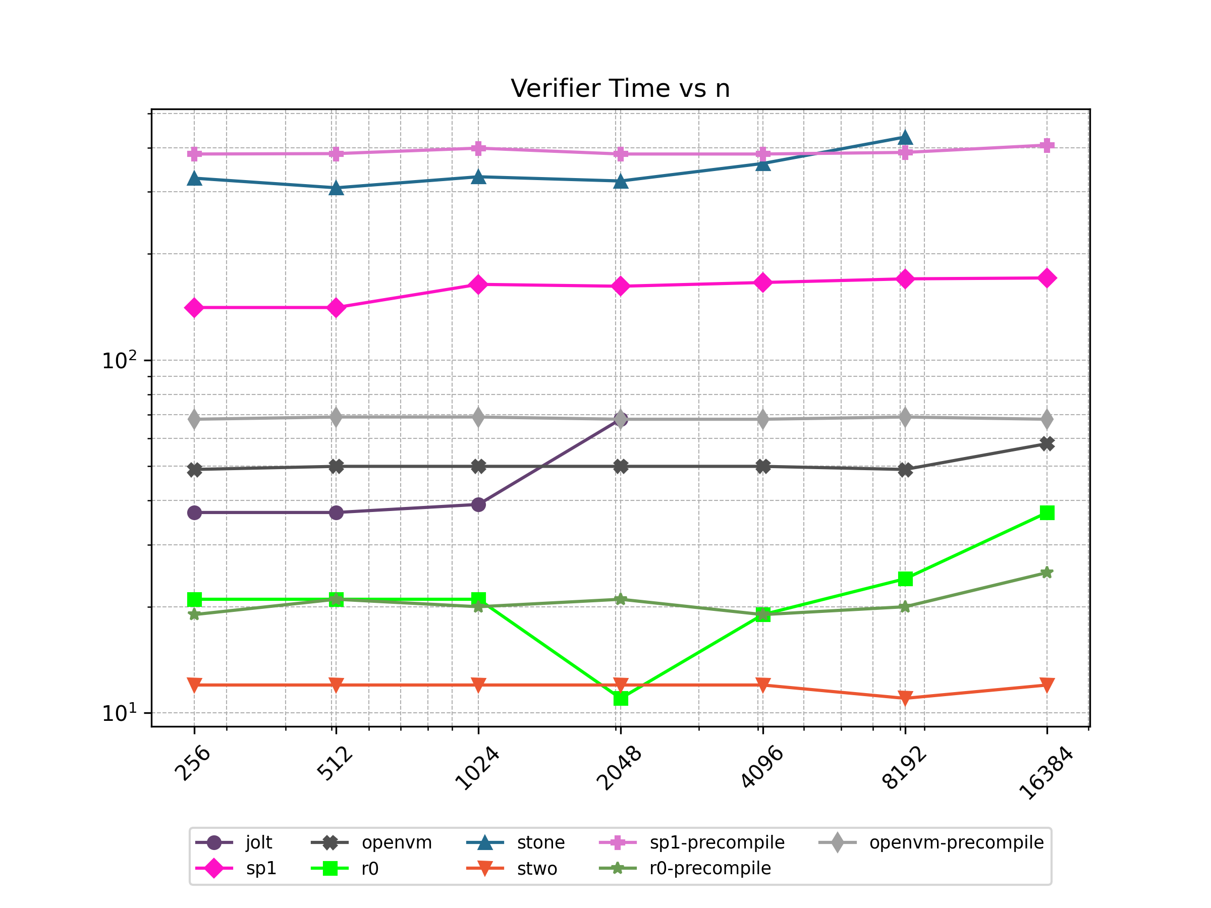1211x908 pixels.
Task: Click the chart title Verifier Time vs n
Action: pos(620,89)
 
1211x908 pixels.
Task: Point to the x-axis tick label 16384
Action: pos(1045,773)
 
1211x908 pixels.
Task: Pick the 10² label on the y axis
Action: pos(119,361)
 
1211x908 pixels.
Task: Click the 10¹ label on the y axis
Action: pos(119,713)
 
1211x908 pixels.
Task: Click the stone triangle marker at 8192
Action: pos(905,137)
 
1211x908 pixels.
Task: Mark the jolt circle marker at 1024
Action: pos(478,504)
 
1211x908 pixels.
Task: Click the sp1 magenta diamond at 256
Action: pos(194,308)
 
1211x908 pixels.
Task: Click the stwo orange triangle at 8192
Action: pos(905,698)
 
